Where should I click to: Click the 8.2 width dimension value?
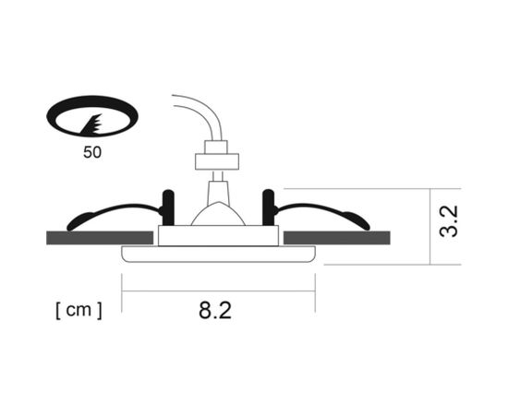pyautogui.click(x=215, y=311)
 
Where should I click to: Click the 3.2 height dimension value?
pyautogui.click(x=449, y=221)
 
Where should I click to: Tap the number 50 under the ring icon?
pyautogui.click(x=92, y=152)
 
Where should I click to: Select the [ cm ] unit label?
pyautogui.click(x=79, y=311)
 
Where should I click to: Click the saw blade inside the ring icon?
pyautogui.click(x=91, y=125)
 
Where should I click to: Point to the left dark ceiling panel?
pyautogui.click(x=100, y=238)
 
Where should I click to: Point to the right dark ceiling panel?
pyautogui.click(x=337, y=238)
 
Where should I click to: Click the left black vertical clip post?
pyautogui.click(x=168, y=207)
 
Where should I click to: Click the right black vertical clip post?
pyautogui.click(x=268, y=207)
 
